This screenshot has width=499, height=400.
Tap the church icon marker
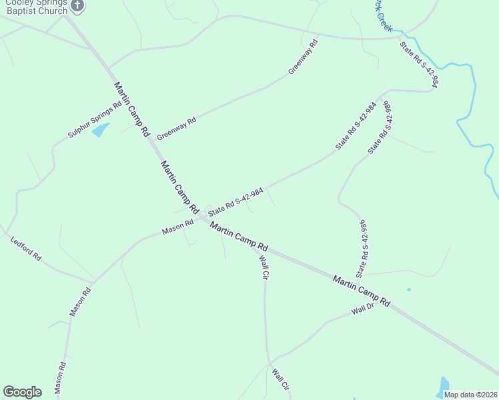click(x=77, y=6)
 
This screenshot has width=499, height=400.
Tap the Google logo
click(x=22, y=392)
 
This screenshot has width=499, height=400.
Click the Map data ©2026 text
click(x=470, y=395)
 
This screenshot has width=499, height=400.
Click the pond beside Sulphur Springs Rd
click(x=101, y=129)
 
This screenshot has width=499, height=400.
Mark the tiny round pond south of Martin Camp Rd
click(x=408, y=289)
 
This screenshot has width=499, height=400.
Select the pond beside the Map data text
click(x=443, y=386)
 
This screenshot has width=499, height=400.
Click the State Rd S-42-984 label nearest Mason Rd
click(x=235, y=201)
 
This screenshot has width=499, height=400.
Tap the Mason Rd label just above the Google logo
click(x=60, y=377)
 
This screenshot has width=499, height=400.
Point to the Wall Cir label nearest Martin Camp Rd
click(x=264, y=266)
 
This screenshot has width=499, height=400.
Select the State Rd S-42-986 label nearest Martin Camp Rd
click(x=363, y=248)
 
